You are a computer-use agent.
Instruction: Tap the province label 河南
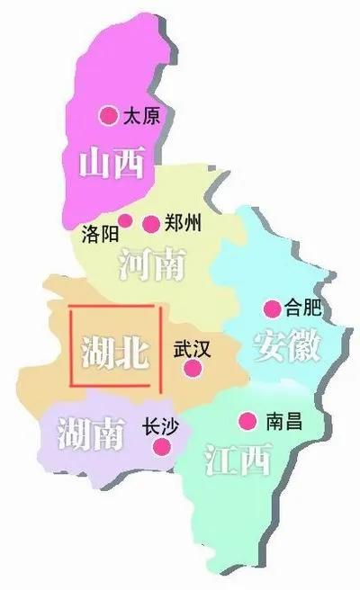[151, 264]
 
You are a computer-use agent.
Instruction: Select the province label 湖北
[114, 352]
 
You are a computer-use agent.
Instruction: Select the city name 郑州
[184, 223]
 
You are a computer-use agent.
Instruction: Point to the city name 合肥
[302, 308]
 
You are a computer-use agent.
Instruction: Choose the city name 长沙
[160, 426]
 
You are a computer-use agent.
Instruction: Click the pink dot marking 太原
[109, 114]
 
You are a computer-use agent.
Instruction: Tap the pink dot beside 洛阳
[125, 220]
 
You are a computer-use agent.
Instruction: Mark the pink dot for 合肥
[270, 309]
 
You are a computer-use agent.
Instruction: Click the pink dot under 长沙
[163, 446]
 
